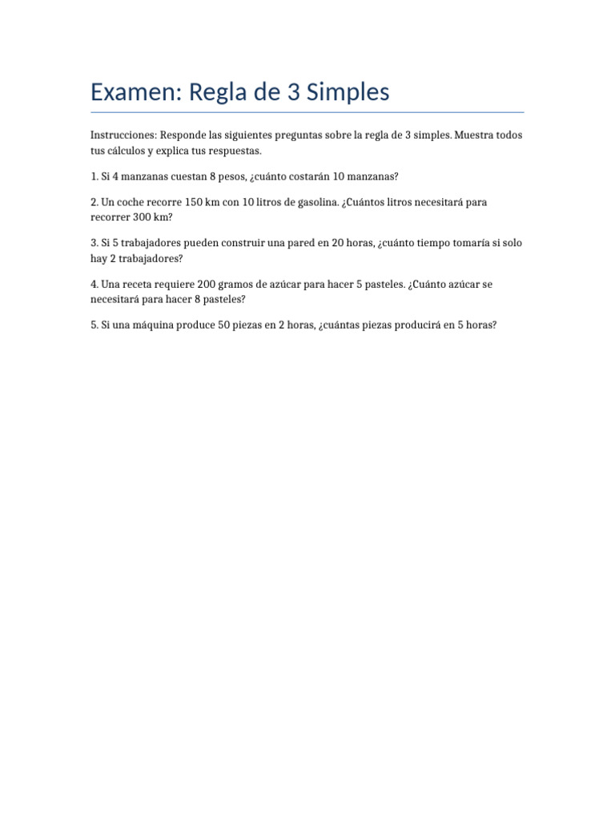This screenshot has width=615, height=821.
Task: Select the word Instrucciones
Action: coord(123,135)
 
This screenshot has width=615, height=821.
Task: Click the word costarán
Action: coord(300,176)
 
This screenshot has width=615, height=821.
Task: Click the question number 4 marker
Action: coord(94,285)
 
